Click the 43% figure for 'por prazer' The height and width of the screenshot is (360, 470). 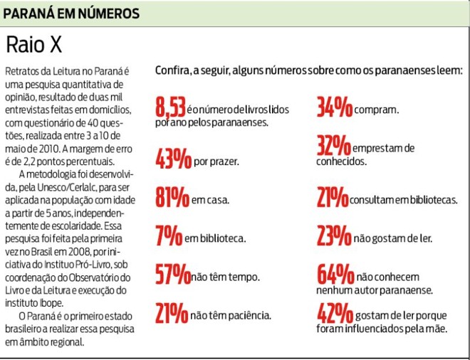(x=173, y=159)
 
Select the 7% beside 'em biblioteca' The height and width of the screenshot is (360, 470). (x=167, y=235)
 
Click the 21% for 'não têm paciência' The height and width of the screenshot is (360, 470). (x=172, y=312)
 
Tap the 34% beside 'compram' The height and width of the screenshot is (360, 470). (x=334, y=109)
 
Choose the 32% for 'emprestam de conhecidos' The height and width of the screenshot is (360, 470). (x=334, y=147)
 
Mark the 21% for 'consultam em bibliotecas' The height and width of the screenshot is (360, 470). (x=333, y=198)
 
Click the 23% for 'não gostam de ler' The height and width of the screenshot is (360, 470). (x=334, y=237)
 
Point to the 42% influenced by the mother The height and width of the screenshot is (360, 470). (x=335, y=314)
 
